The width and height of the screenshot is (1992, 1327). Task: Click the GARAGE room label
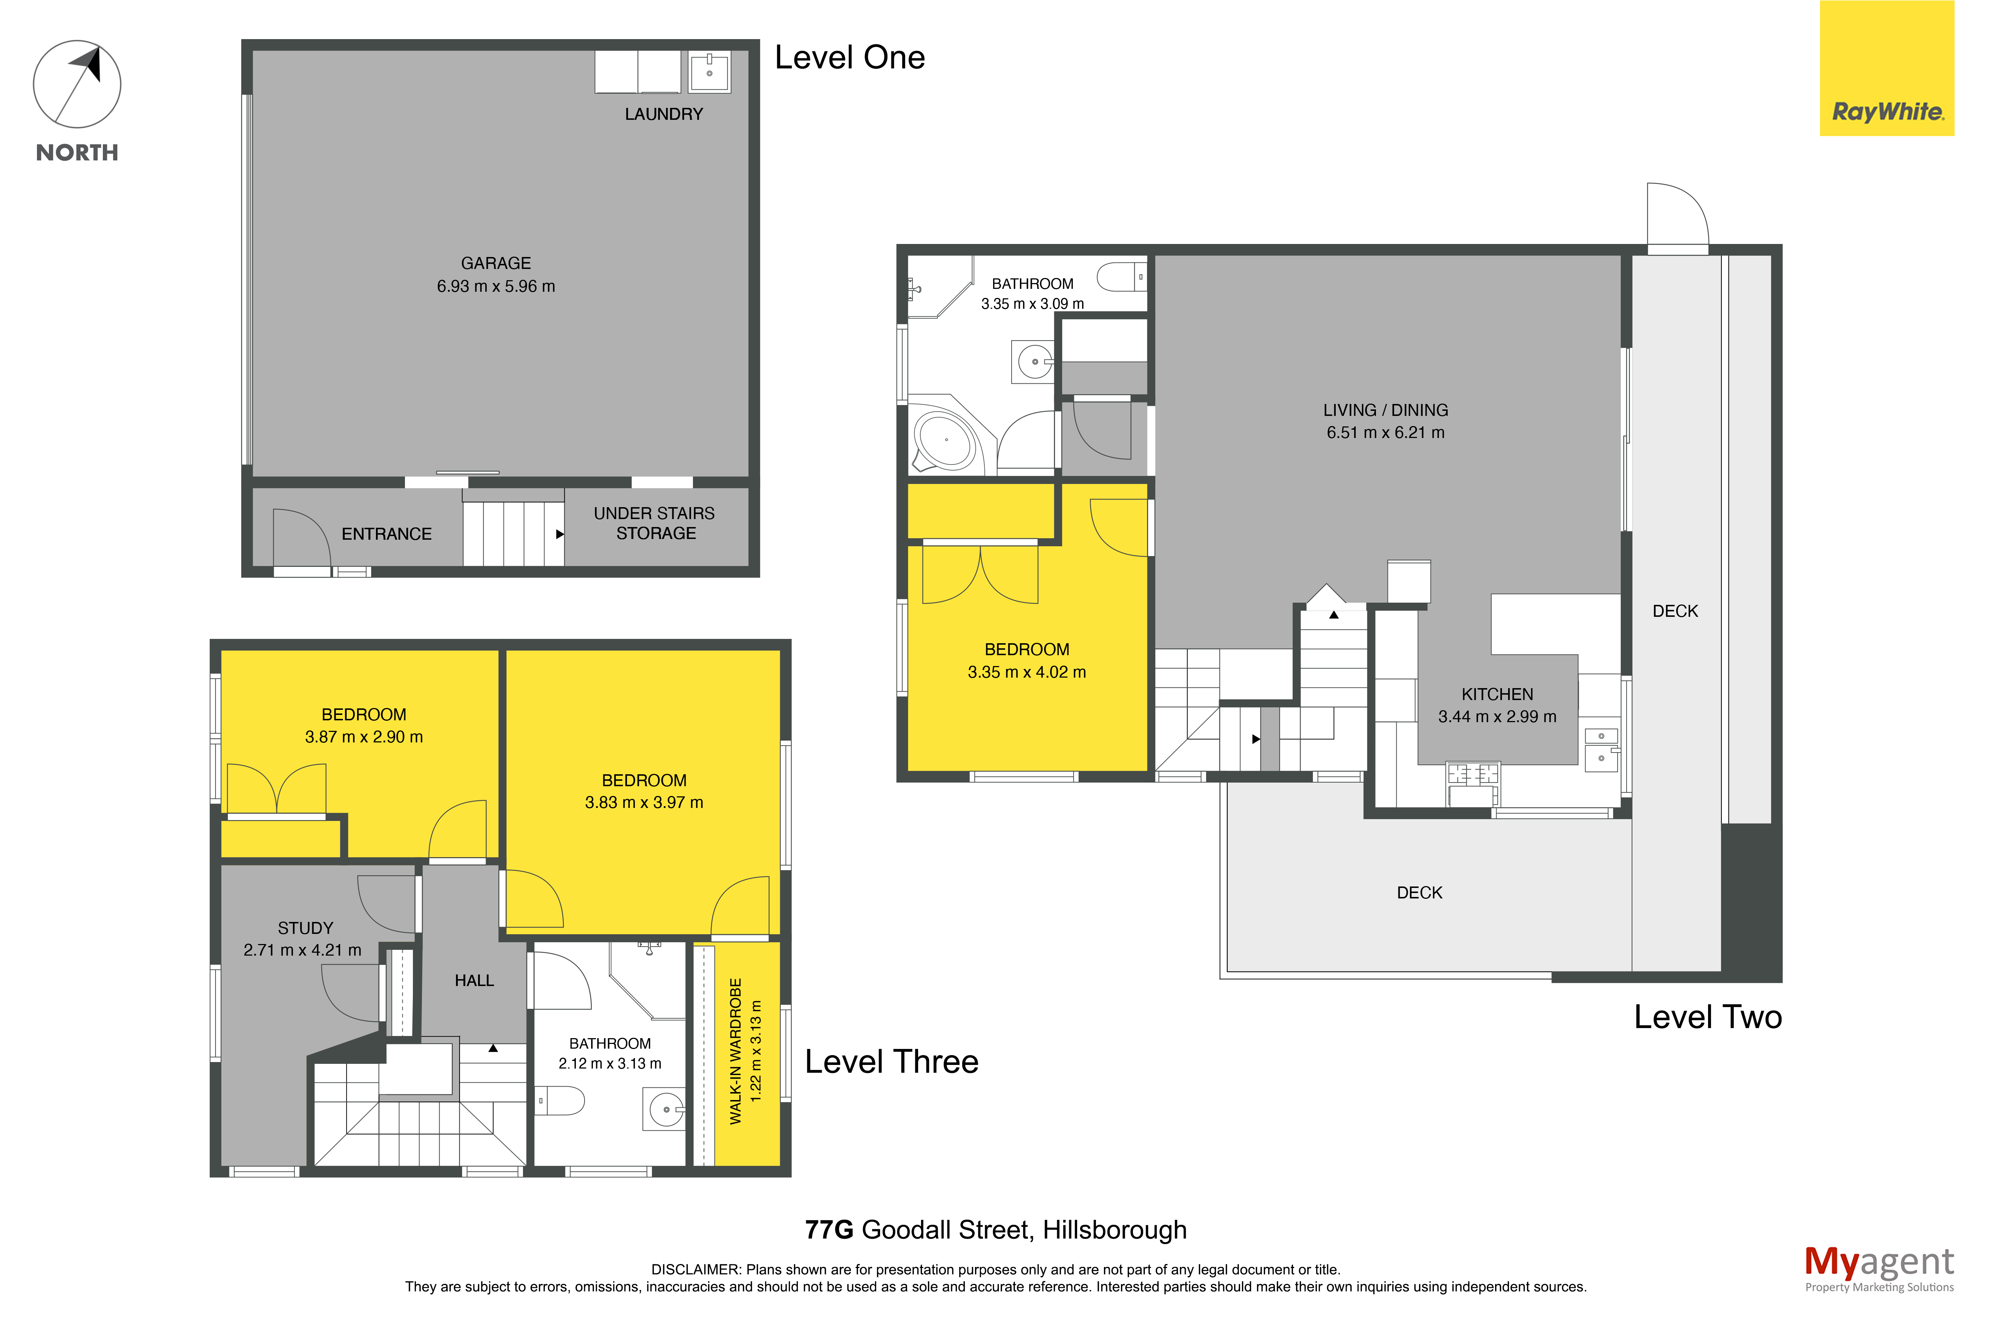496,263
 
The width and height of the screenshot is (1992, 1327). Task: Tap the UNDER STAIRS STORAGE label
654,523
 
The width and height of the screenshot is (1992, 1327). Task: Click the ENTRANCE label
387,534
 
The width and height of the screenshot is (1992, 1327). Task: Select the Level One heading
850,58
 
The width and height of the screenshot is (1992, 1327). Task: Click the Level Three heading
891,1061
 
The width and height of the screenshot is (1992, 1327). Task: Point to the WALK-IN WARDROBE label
736,1051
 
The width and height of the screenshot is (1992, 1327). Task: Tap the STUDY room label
306,927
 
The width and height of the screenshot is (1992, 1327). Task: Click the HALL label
474,980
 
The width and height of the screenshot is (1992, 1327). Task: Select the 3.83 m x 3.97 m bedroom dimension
644,802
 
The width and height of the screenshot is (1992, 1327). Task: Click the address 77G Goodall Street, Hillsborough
996,1230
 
